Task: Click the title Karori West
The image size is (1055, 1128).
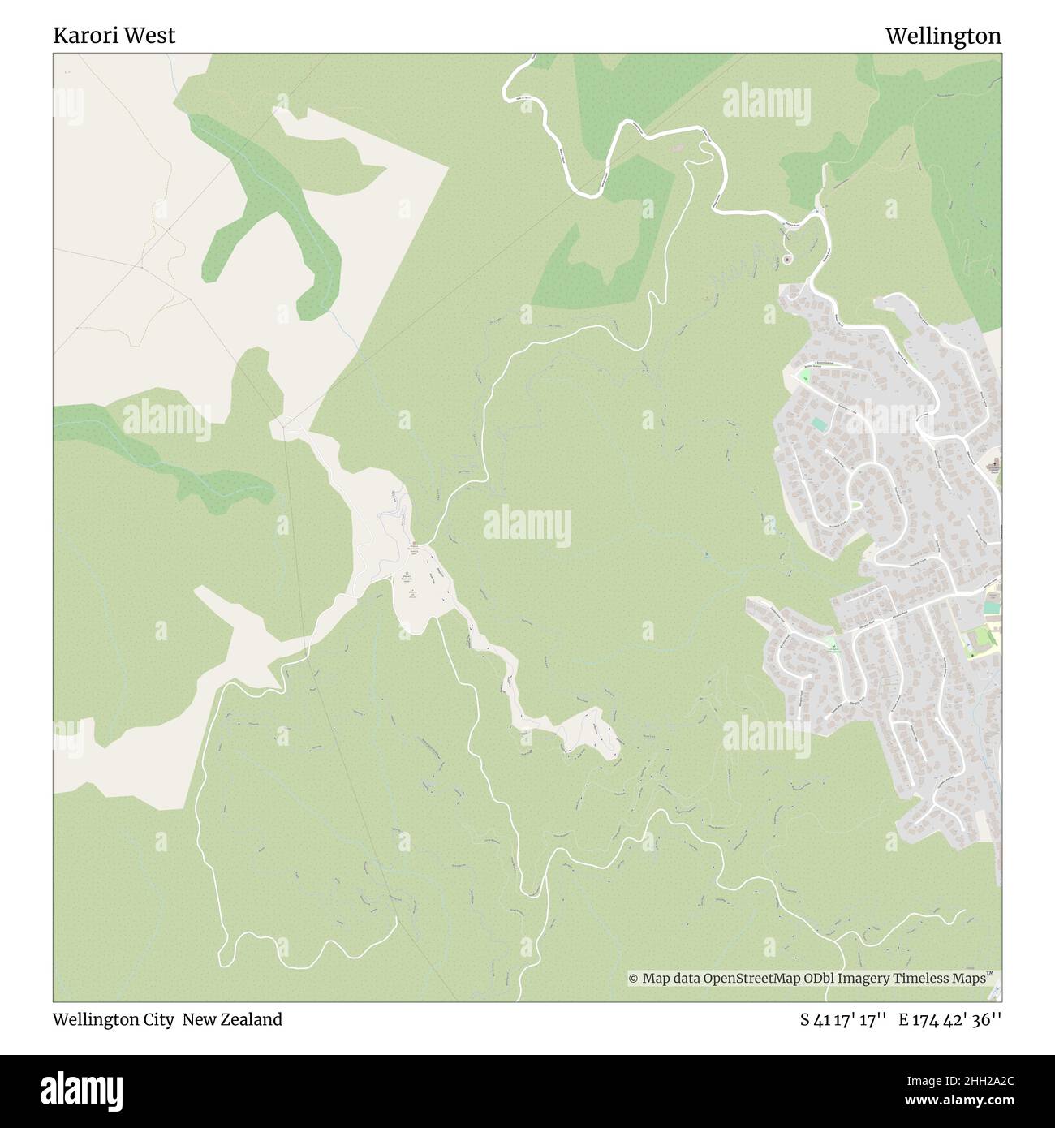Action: pyautogui.click(x=114, y=36)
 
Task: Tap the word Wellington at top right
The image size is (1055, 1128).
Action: pyautogui.click(x=943, y=36)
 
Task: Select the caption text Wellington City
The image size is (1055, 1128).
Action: pyautogui.click(x=114, y=1019)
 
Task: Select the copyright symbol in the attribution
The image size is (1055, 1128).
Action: pyautogui.click(x=634, y=979)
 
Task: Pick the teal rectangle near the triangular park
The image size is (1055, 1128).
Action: pyautogui.click(x=817, y=424)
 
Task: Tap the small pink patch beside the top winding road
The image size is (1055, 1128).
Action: pyautogui.click(x=676, y=148)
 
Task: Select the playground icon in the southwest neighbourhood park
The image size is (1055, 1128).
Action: pyautogui.click(x=833, y=647)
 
